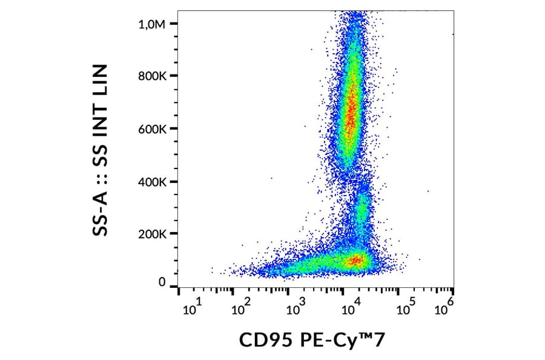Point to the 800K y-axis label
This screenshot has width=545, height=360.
[153, 76]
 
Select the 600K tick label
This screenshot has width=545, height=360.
[153, 129]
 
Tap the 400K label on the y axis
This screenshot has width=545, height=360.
[153, 182]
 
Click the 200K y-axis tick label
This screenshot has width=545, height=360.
[153, 234]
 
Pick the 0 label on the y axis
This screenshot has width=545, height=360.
[162, 282]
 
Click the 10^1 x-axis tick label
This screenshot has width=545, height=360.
[191, 308]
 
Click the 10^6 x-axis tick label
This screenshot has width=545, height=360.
[445, 308]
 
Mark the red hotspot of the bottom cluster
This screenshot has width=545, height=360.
[356, 261]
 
